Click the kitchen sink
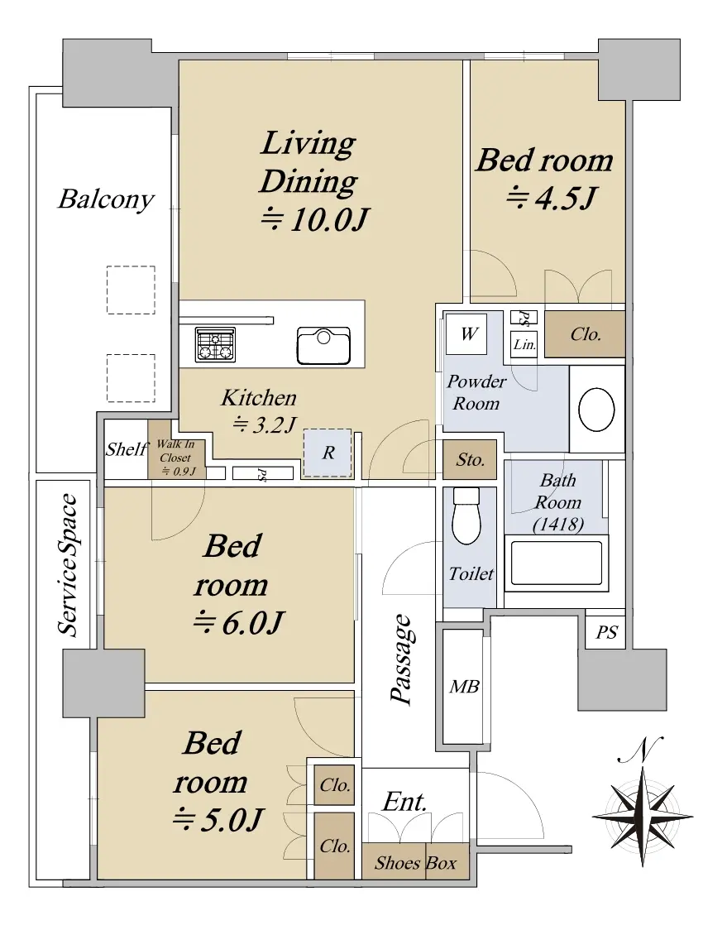pyautogui.click(x=323, y=345)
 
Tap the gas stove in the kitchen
pyautogui.click(x=215, y=344)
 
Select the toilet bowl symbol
pyautogui.click(x=466, y=515)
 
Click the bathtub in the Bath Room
pyautogui.click(x=557, y=563)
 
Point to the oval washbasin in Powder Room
pyautogui.click(x=596, y=410)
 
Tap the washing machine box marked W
pyautogui.click(x=466, y=333)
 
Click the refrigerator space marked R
pyautogui.click(x=328, y=453)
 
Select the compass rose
pyautogui.click(x=643, y=817)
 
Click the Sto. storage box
pyautogui.click(x=470, y=460)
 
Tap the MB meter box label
pyautogui.click(x=464, y=687)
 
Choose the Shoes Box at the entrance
pyautogui.click(x=415, y=862)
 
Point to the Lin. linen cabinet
pyautogui.click(x=524, y=344)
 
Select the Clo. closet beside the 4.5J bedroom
pyautogui.click(x=585, y=334)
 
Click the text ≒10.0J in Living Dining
pyautogui.click(x=315, y=220)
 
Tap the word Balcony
pyautogui.click(x=106, y=199)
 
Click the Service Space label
pyautogui.click(x=68, y=565)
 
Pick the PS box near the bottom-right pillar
pyautogui.click(x=606, y=632)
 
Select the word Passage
pyautogui.click(x=402, y=659)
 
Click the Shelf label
pyautogui.click(x=126, y=449)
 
